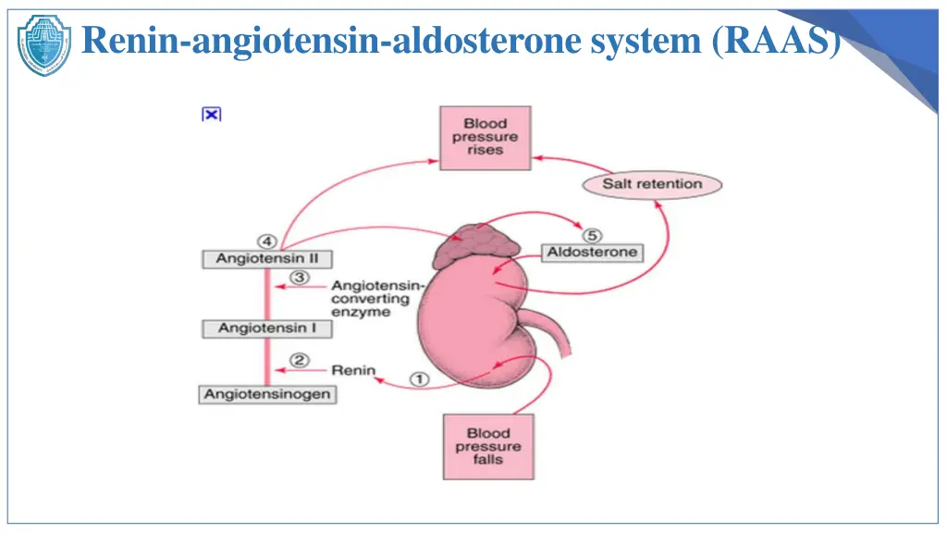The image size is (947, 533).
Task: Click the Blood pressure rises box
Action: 485,138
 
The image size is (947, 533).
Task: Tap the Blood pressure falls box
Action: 488,447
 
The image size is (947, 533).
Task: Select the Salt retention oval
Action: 652,184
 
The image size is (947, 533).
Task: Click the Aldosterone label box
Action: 592,252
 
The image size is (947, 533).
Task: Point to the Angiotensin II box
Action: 267,259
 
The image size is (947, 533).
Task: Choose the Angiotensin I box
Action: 267,328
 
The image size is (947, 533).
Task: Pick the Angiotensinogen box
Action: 267,394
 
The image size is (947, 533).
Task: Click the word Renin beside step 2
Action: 353,370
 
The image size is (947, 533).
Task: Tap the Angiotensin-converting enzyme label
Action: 377,299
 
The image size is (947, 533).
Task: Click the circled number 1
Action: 420,378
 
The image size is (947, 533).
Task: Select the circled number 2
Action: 299,360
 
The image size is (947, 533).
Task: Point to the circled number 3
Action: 299,278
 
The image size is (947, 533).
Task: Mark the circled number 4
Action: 267,242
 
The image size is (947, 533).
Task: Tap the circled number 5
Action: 592,235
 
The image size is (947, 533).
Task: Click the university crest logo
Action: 44,45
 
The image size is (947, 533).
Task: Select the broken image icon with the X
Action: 212,114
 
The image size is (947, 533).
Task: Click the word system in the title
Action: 646,41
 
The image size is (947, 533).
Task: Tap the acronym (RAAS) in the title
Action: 777,41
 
